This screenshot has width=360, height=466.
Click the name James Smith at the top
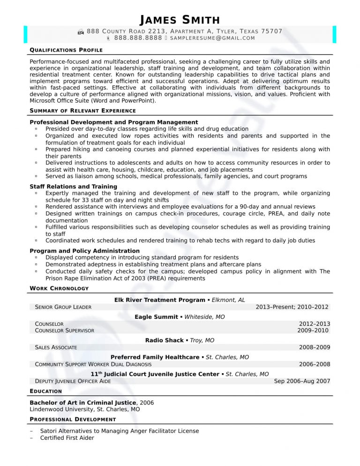click(180, 20)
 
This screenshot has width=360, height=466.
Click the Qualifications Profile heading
click(66, 50)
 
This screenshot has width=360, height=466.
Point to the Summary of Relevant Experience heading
click(82, 111)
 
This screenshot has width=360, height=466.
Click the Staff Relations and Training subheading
click(73, 187)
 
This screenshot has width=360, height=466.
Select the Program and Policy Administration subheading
click(84, 251)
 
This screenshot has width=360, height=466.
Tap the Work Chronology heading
click(59, 288)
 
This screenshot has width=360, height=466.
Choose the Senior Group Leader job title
click(63, 307)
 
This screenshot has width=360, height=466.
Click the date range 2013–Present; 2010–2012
click(292, 307)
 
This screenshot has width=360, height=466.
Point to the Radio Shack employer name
click(165, 340)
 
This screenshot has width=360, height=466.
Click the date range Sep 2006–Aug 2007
click(302, 382)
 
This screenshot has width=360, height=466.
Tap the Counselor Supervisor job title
click(65, 331)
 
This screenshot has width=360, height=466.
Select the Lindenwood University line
click(84, 409)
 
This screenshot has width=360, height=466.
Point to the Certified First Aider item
click(67, 438)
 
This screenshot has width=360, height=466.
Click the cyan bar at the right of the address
click(335, 34)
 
